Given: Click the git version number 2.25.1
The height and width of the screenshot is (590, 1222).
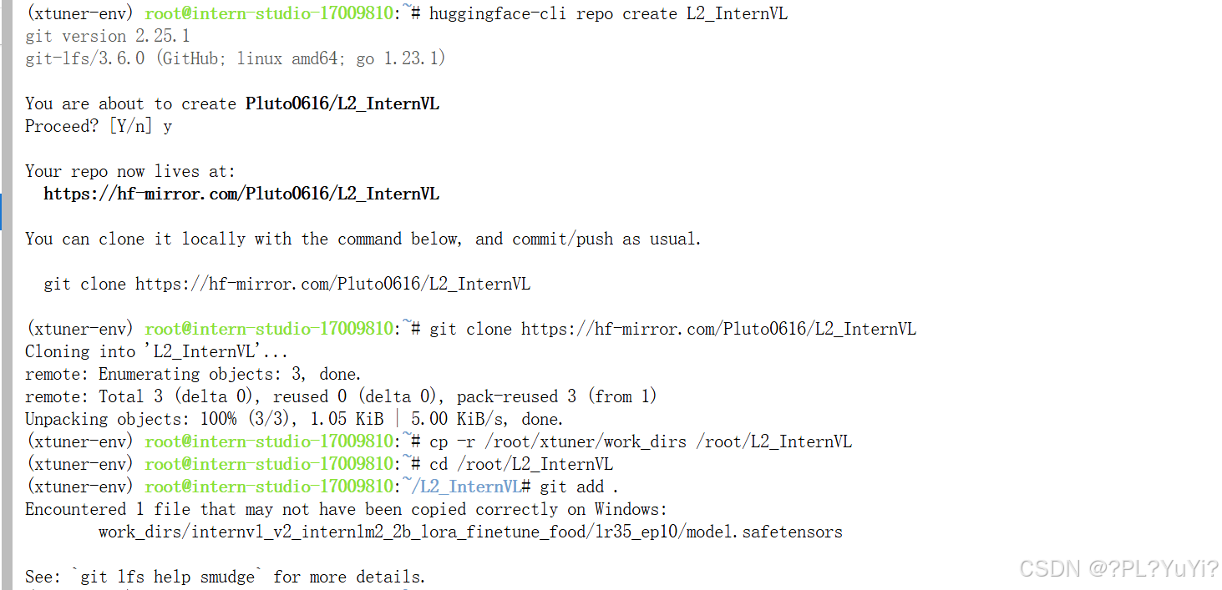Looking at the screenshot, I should click(160, 36).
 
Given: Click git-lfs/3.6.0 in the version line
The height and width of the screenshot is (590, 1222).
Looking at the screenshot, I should click(84, 58).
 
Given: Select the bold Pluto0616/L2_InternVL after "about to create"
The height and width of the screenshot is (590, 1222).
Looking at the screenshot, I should click(342, 103).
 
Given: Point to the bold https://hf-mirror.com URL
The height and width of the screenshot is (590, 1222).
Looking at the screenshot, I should click(241, 194).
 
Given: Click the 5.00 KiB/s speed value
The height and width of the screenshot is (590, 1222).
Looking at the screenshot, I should click(459, 419).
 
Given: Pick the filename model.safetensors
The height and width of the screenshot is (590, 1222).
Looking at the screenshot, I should click(764, 532).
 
